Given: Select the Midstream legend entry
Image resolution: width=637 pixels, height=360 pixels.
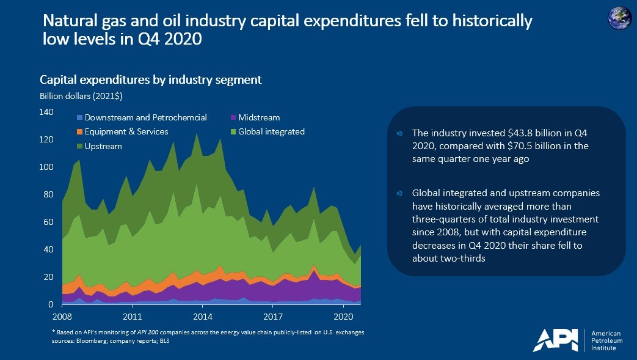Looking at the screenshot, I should (x=258, y=117).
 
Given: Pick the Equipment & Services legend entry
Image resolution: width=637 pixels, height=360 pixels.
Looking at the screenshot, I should (x=126, y=131).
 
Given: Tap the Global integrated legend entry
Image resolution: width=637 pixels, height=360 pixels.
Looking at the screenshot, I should (x=271, y=131).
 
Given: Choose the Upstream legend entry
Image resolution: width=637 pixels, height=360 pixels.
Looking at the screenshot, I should (x=103, y=146).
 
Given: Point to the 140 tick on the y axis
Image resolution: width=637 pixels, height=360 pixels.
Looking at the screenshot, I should (x=47, y=112).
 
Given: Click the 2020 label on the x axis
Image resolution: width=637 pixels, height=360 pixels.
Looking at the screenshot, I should (x=344, y=317).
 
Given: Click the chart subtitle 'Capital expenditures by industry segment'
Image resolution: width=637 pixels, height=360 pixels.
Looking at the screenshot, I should (x=150, y=80).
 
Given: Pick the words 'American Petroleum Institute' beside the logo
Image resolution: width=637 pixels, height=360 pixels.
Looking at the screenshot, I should (x=603, y=340).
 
